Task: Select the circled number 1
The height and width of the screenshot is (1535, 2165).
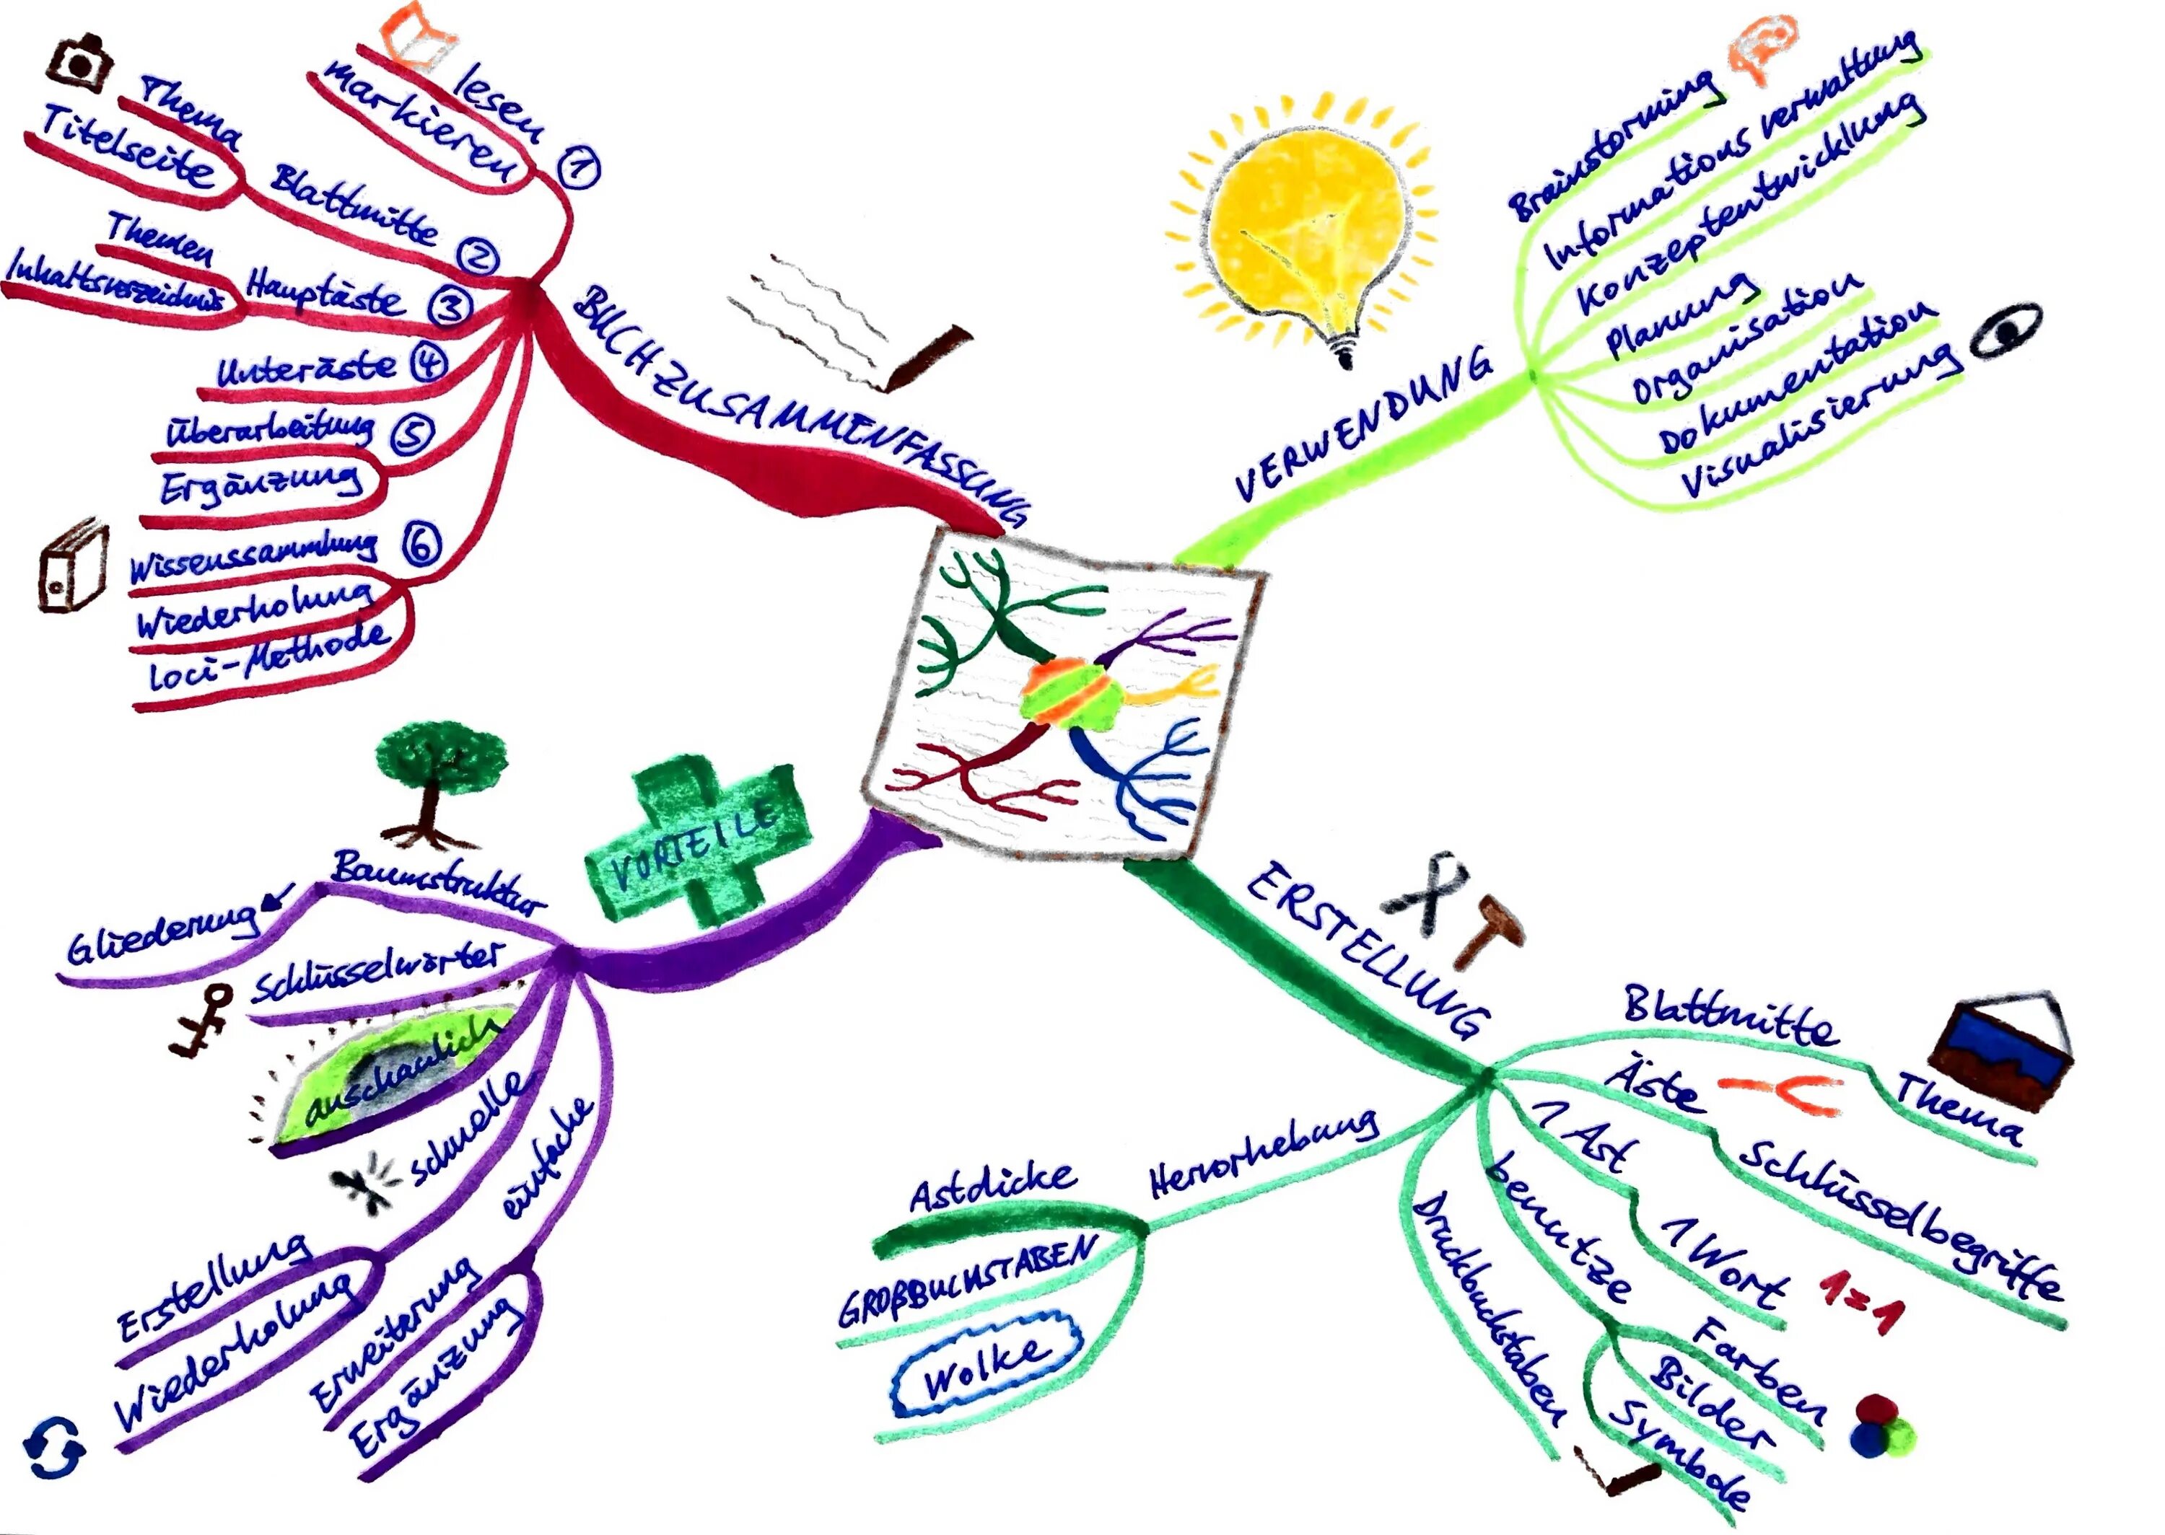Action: click(x=579, y=167)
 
